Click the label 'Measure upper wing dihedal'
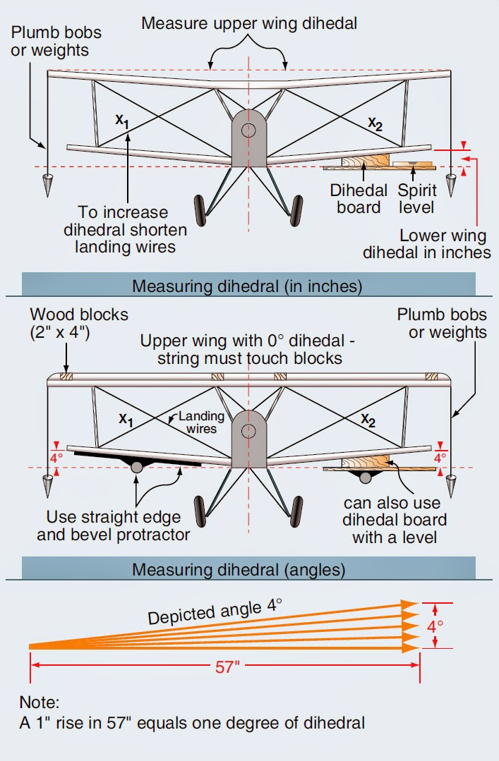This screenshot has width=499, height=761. coord(249,23)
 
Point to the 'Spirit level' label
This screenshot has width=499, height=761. coord(417,198)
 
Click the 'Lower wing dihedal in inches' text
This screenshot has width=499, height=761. coord(426,244)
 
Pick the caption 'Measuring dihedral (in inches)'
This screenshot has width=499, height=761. coord(248,286)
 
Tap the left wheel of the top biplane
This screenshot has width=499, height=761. coord(200,208)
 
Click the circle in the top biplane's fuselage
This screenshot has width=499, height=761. coord(248,130)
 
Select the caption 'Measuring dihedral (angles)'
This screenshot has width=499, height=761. coord(248,568)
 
